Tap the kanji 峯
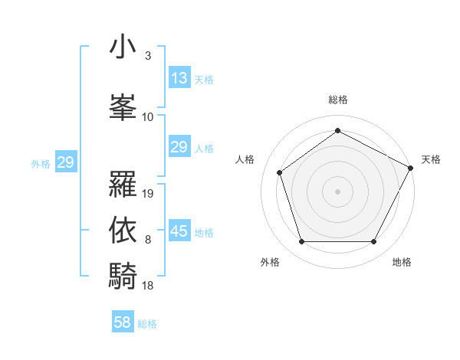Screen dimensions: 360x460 (123, 106)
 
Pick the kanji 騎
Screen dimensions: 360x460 (123, 276)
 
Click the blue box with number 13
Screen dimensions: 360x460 (179, 78)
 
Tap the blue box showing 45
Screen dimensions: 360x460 (179, 231)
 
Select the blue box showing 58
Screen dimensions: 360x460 (123, 322)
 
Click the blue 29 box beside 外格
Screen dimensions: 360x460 (65, 162)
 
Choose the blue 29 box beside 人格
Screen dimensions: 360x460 (179, 147)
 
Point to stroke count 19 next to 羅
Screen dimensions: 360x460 (149, 194)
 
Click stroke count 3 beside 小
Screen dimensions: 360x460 (147, 56)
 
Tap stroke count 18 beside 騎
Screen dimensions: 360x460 (149, 285)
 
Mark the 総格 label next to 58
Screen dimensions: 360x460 (147, 324)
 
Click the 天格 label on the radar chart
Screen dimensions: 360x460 (431, 159)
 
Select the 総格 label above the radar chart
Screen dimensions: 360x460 (337, 100)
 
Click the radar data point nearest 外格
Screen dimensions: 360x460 (301, 242)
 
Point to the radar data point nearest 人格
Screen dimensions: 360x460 (280, 172)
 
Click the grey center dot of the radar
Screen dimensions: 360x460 (337, 191)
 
